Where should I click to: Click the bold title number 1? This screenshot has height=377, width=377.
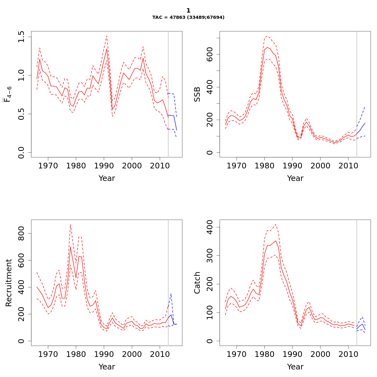pos(188,11)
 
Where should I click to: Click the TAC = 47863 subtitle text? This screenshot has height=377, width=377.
pos(188,18)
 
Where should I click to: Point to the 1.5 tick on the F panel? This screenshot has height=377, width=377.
pos(21,37)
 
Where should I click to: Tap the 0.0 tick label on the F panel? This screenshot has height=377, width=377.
pos(21,152)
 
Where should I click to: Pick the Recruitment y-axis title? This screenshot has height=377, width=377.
pos(9,283)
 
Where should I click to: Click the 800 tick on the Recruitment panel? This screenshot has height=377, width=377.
pos(21,233)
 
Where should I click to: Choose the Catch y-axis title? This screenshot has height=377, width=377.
pos(197,283)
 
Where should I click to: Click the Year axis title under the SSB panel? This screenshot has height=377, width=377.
pos(295,178)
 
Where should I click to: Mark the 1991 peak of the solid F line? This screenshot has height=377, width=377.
pos(107,49)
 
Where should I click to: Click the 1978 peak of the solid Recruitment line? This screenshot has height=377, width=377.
pos(70,247)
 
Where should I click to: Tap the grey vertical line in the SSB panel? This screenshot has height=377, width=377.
pos(357,94)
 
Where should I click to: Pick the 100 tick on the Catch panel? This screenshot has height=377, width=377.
pos(210,313)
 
